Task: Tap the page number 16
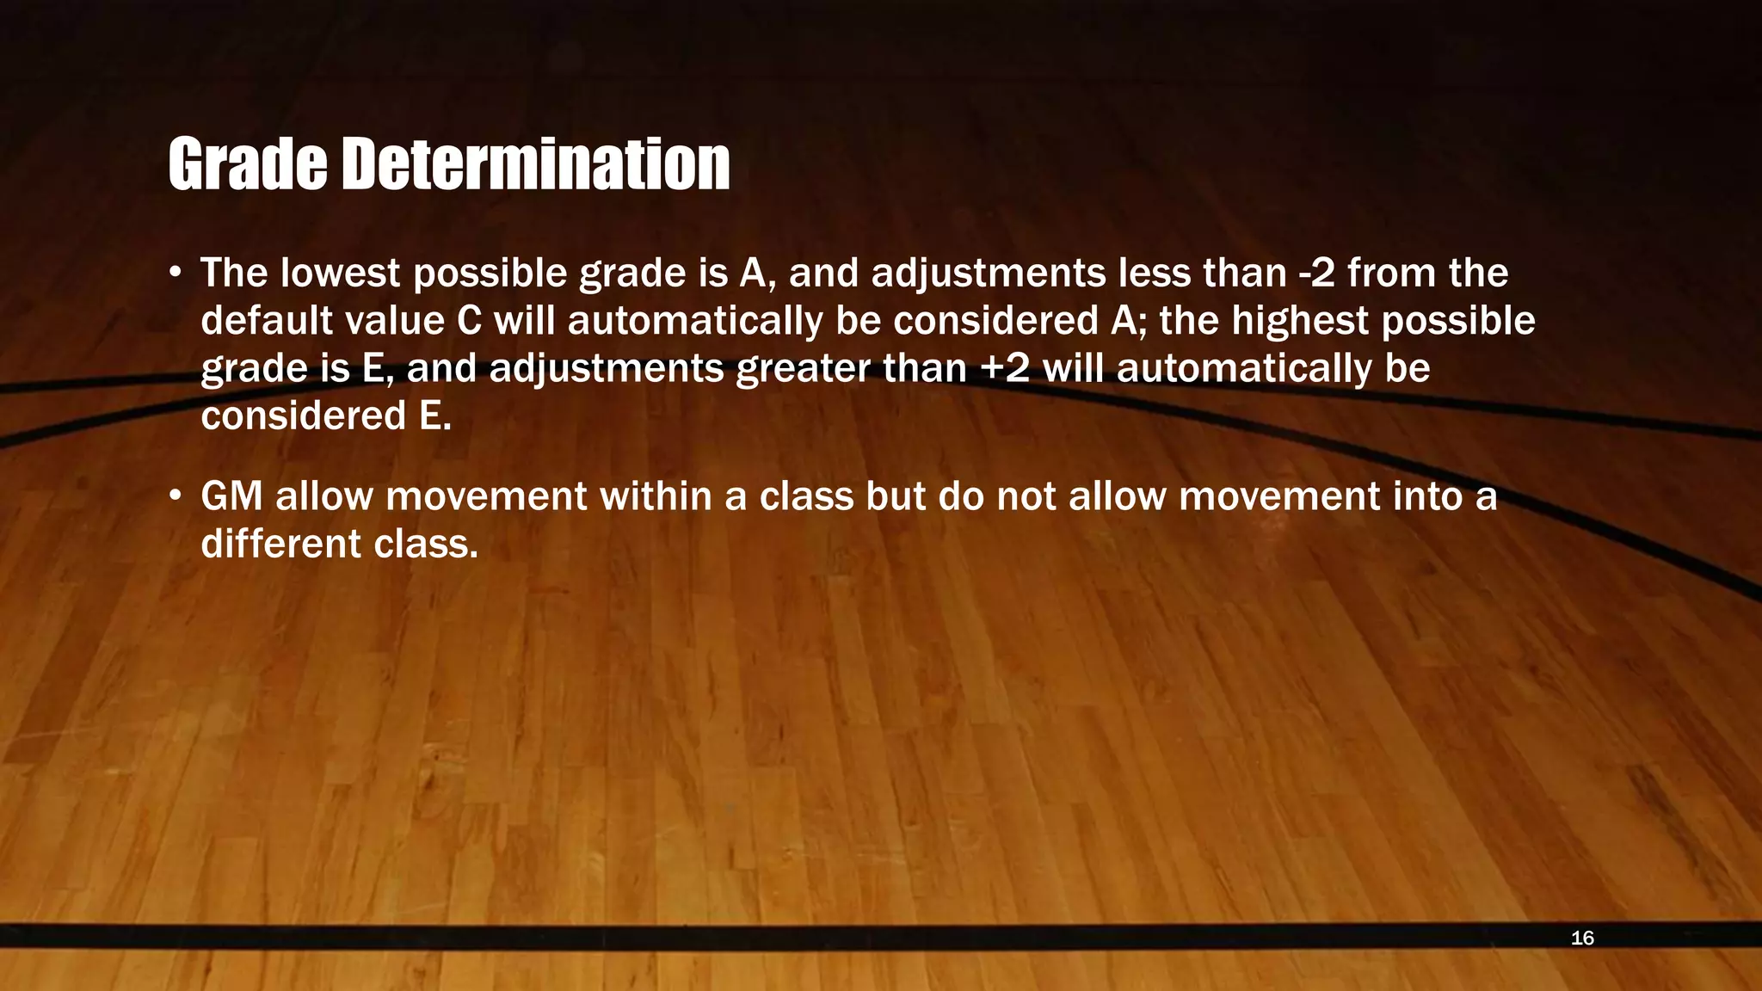click(x=1582, y=938)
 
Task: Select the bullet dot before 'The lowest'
click(x=176, y=274)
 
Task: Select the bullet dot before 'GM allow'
click(x=176, y=496)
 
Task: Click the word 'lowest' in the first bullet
click(x=341, y=274)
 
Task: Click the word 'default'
click(x=267, y=321)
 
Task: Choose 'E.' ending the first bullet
click(x=434, y=416)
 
